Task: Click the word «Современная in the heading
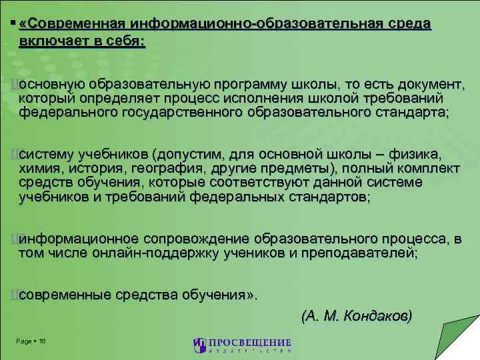coord(73,25)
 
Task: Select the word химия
coord(41,169)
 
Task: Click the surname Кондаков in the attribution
coord(377,315)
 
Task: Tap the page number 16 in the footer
coord(42,341)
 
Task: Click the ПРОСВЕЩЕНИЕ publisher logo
coord(241,345)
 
